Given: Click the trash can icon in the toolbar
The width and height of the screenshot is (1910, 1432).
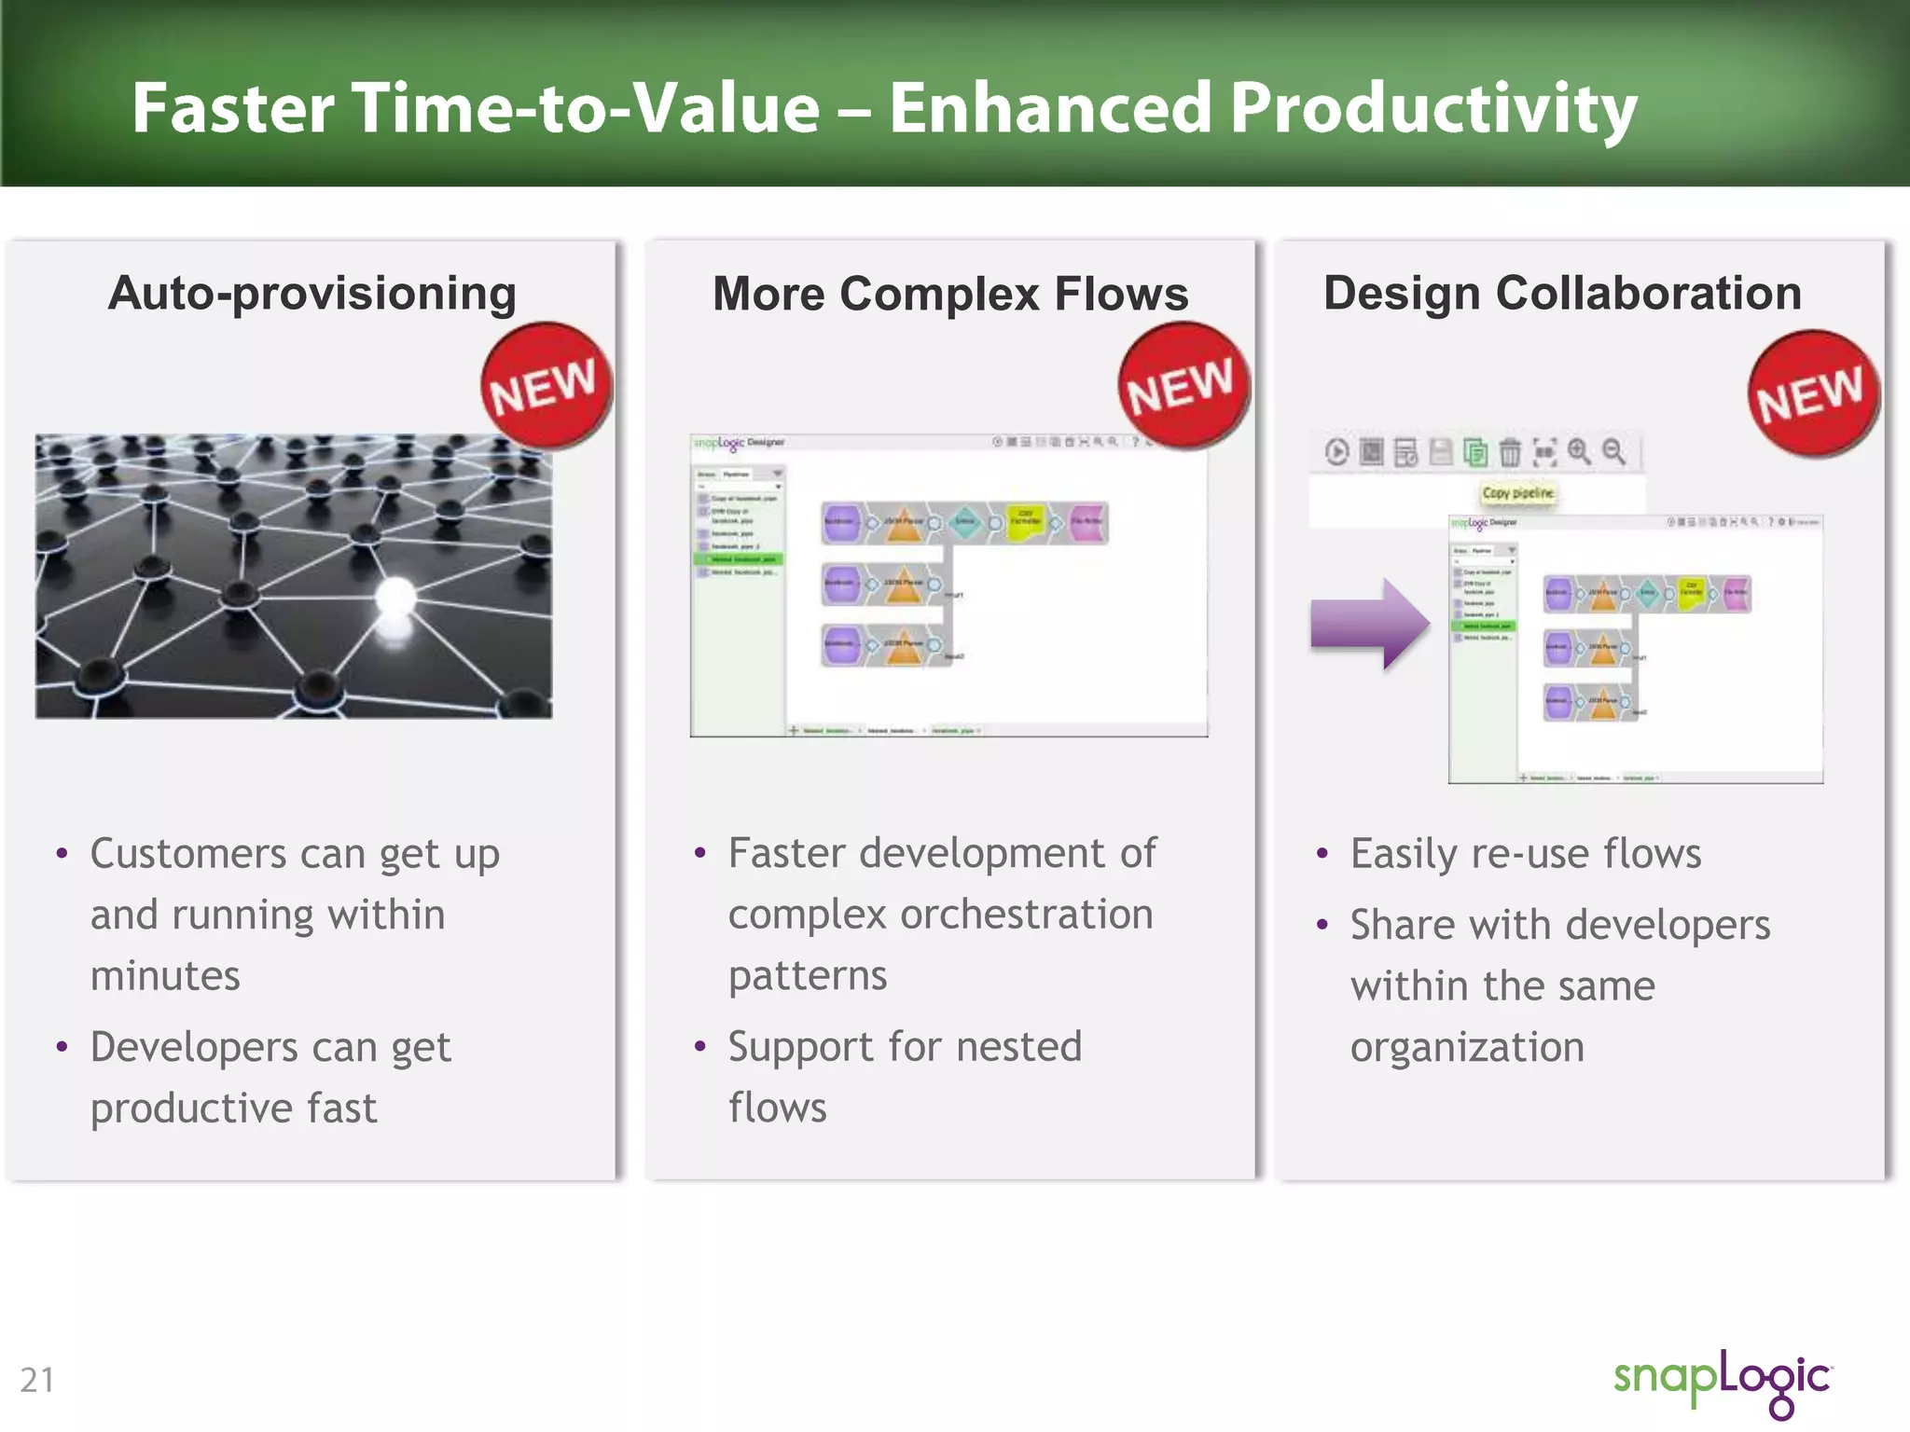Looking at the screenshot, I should point(1510,453).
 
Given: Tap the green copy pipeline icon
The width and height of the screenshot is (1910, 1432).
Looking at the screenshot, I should point(1475,453).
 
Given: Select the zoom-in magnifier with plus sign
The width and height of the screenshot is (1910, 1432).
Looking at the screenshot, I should point(1579,451).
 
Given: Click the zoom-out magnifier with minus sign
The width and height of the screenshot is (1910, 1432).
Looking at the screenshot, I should point(1613,451).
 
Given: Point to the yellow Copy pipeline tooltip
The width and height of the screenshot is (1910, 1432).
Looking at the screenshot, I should point(1518,492).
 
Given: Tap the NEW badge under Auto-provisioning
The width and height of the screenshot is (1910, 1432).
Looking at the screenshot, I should point(546,385).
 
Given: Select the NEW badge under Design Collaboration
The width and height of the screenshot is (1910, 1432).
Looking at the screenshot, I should point(1813,393).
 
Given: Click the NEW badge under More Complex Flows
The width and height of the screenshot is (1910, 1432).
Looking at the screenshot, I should point(1183,385).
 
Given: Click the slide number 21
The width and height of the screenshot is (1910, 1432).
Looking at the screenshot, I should point(37,1380).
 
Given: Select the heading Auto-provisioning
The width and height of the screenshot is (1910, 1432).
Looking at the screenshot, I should point(312,294).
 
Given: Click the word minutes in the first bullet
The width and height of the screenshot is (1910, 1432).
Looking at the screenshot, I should point(165,976).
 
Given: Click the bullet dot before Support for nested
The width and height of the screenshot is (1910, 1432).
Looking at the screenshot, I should point(700,1046).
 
